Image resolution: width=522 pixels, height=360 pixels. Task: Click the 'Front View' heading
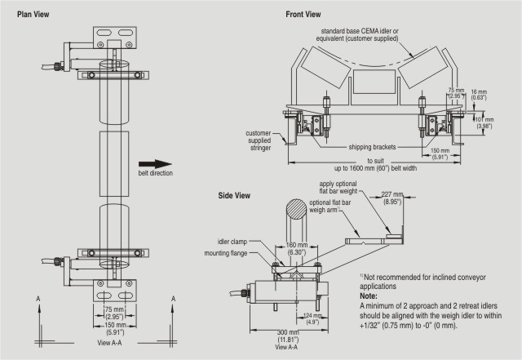coord(303,15)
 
